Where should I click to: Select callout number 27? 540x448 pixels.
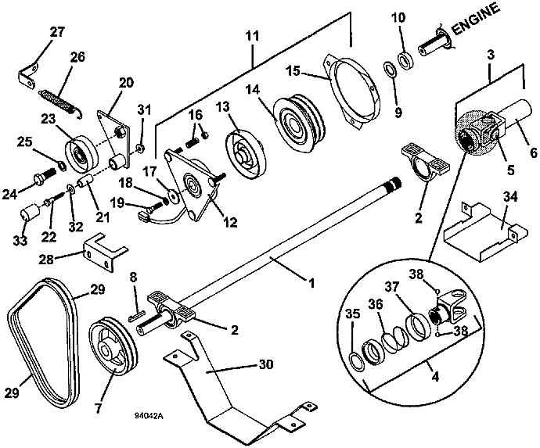point(35,32)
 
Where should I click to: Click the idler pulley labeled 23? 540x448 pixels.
point(78,151)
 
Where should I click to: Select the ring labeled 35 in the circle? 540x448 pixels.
point(356,360)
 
